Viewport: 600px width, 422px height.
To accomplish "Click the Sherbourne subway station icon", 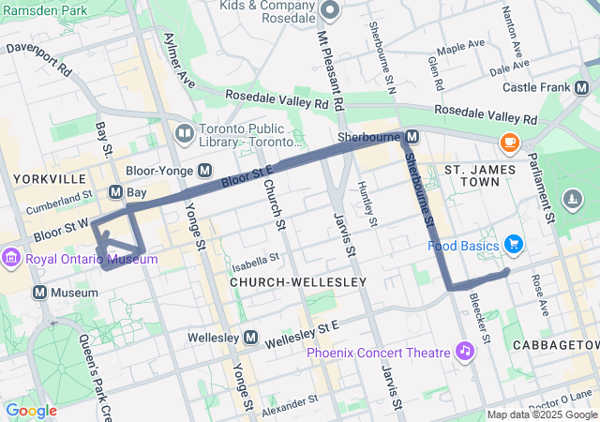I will point(412,138).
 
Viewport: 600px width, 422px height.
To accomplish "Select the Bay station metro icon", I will point(116,192).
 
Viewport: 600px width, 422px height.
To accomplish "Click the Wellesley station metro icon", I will point(250,337).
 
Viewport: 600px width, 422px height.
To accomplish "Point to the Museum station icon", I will point(40,293).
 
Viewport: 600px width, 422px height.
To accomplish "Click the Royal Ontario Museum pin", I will point(12,258).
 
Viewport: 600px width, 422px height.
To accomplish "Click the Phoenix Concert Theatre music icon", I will point(463,352).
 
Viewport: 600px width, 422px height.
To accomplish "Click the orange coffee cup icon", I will point(509,143).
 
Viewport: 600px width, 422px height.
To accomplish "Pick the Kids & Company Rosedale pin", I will point(328,10).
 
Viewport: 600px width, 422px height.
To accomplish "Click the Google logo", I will point(31,411).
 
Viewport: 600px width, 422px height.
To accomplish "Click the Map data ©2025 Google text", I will point(541,415).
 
